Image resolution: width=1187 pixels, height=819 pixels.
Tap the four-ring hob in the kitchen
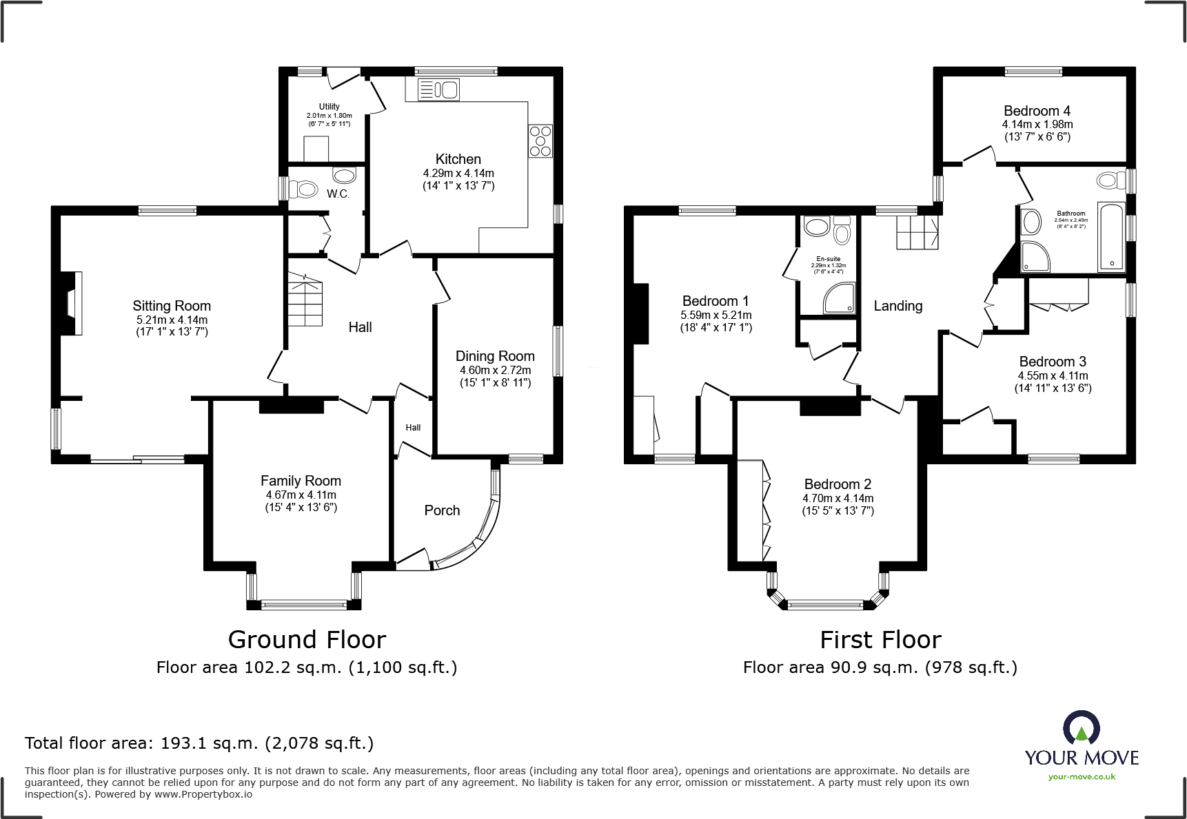coord(540,141)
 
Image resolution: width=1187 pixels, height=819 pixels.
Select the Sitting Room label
coord(172,306)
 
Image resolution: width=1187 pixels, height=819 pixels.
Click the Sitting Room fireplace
coord(72,304)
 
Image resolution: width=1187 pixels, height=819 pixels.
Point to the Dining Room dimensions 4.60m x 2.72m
coord(495,370)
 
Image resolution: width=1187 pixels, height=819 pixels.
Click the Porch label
coord(442,510)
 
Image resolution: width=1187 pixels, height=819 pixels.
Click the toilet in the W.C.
coord(303,188)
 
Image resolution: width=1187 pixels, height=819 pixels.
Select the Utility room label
coord(329,107)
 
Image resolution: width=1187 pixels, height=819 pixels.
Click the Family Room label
coord(301,481)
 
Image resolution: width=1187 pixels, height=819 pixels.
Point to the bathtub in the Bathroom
coord(1110,236)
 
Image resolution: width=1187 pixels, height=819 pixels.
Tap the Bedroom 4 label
coord(1037,111)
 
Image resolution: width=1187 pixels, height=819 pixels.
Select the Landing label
coord(897,306)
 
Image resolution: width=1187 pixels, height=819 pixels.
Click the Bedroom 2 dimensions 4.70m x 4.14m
coord(838,498)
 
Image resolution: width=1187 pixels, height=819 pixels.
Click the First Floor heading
coord(880,640)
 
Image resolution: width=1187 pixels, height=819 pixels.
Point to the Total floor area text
coord(199,743)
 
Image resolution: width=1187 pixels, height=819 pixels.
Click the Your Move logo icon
coord(1081,727)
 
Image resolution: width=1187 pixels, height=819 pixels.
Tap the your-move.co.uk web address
coord(1082,777)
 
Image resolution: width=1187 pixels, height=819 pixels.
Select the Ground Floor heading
coord(307,640)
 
